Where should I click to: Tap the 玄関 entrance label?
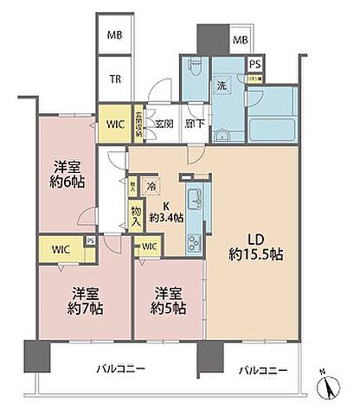point(164,124)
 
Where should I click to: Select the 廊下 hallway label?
point(195,124)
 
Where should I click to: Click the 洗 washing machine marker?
point(222,87)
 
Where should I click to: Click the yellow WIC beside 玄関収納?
point(114,124)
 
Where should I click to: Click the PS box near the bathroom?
point(254,64)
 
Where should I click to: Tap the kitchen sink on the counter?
point(194,195)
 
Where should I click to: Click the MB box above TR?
point(114,35)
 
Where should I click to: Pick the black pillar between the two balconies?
point(208,354)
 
